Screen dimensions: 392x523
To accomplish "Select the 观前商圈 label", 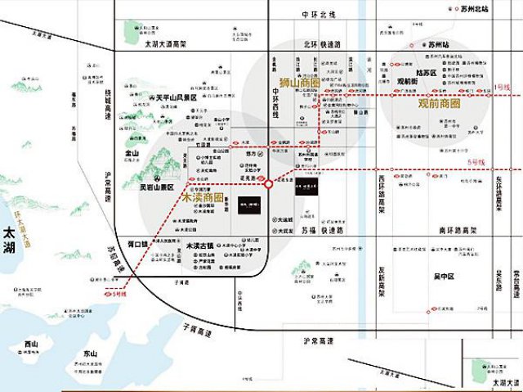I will pyautogui.click(x=440, y=104).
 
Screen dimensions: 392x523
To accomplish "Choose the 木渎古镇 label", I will pyautogui.click(x=199, y=246).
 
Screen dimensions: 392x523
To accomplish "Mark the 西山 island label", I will pyautogui.click(x=31, y=344).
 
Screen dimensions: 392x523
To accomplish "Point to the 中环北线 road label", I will pyautogui.click(x=319, y=15).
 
